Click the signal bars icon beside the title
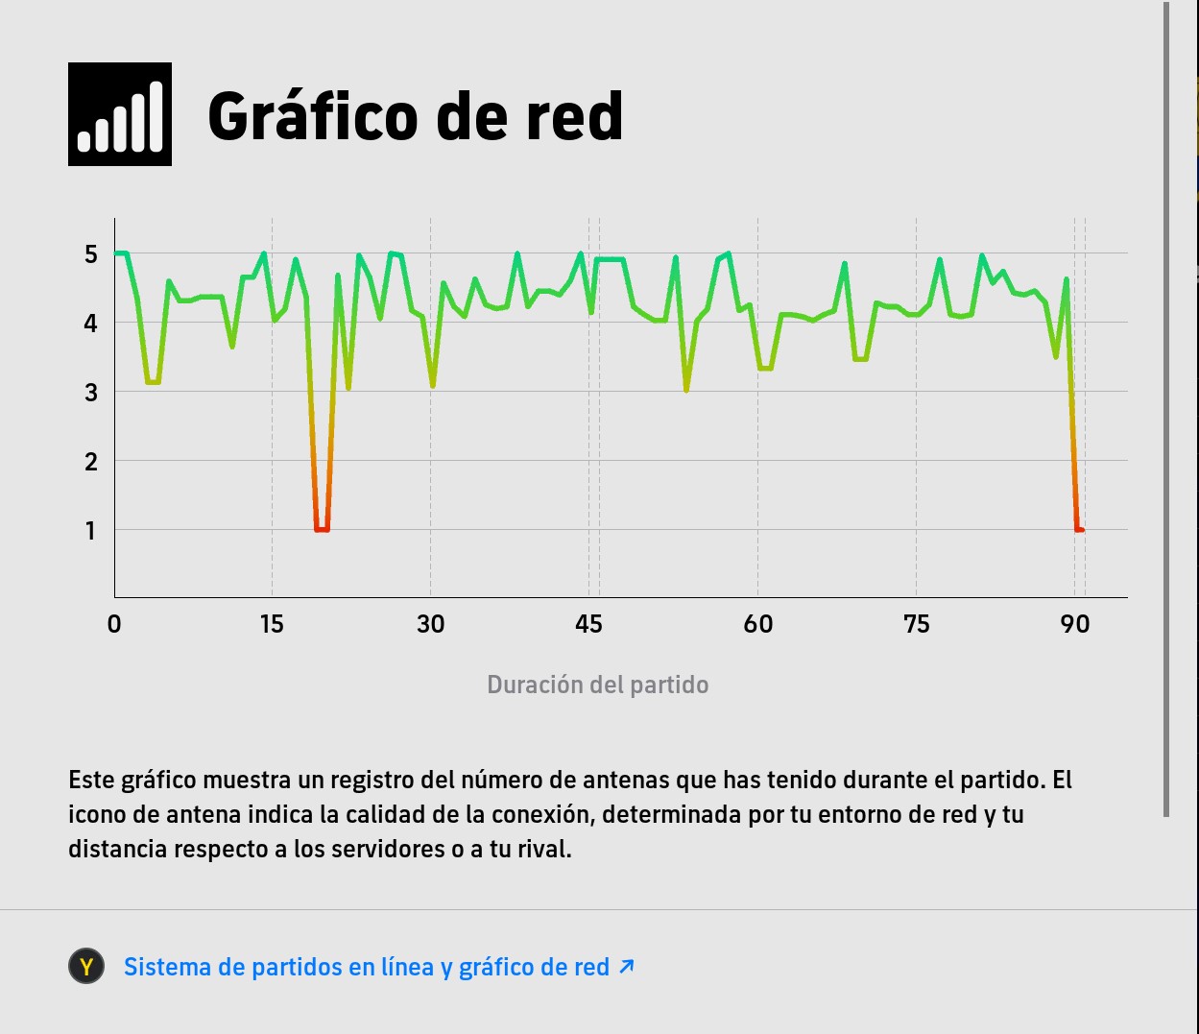tap(120, 114)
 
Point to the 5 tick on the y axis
tap(91, 254)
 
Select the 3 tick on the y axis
tap(91, 392)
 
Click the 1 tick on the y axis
tap(91, 530)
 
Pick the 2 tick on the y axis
tap(91, 461)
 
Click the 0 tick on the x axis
tap(114, 624)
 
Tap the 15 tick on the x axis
tap(272, 624)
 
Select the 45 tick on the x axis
tap(588, 624)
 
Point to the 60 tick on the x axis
tap(757, 624)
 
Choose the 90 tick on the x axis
tap(1075, 624)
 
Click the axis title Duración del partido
tap(597, 685)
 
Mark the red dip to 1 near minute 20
tap(322, 529)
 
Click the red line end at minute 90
tap(1080, 529)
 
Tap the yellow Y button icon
tap(86, 967)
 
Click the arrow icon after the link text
tap(627, 966)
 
